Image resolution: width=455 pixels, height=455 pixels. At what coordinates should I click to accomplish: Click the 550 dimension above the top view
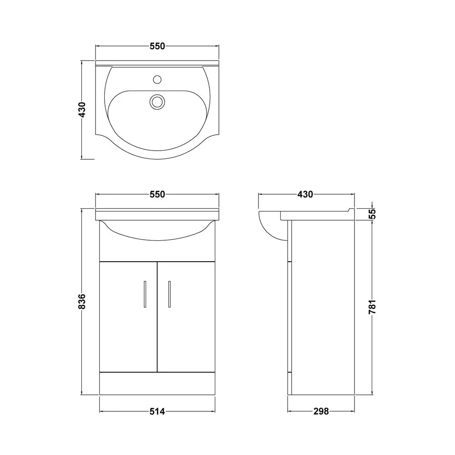157,46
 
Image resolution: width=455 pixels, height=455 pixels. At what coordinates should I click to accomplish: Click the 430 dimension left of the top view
82,110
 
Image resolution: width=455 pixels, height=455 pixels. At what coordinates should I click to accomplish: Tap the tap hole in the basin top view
157,80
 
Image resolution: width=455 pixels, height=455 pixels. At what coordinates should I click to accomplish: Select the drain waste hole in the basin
157,102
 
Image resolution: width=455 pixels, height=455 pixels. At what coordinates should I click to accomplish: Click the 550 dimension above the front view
157,194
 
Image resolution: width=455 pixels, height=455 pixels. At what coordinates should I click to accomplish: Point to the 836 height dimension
82,301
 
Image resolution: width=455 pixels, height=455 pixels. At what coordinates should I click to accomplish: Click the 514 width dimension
157,411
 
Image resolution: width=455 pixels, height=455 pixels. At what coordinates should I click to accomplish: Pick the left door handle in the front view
145,294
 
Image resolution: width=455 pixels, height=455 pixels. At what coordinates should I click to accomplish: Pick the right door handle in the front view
169,294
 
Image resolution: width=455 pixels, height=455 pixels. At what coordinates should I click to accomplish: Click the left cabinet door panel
128,317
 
